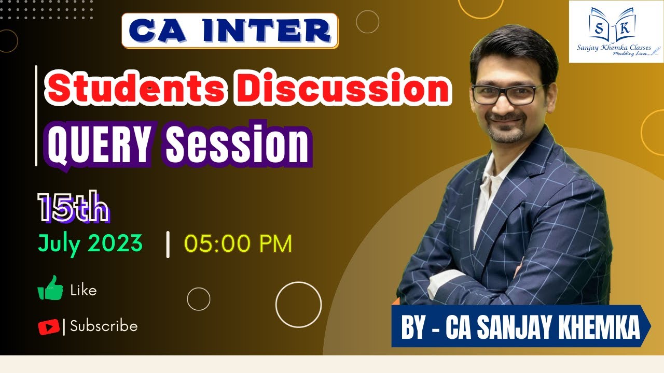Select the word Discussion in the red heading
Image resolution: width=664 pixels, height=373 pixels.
[344, 90]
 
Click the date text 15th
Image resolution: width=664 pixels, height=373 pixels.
[73, 209]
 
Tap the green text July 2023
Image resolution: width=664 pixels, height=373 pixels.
[90, 243]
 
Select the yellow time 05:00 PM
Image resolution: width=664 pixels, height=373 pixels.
[238, 244]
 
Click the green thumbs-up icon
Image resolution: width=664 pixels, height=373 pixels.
[50, 288]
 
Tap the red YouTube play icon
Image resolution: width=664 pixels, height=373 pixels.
[48, 327]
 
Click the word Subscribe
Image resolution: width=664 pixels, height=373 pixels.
[104, 326]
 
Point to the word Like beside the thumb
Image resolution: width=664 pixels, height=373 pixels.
[84, 291]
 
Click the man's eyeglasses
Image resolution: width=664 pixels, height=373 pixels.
[508, 94]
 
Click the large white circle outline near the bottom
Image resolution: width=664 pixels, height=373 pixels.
[298, 305]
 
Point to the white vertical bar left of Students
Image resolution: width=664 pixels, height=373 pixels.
[36, 116]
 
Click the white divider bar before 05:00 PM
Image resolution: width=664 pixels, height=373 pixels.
[168, 245]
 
